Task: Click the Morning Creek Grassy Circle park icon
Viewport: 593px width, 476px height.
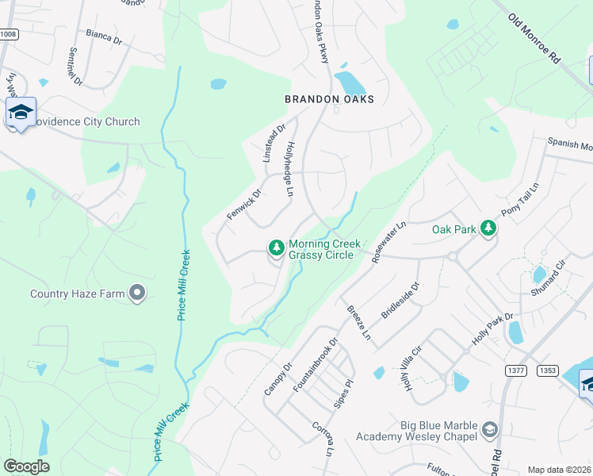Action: [277, 248]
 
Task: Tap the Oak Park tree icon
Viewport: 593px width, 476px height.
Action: [489, 229]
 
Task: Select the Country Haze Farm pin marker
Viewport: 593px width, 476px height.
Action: [138, 294]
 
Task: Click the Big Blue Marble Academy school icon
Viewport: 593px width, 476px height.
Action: [490, 429]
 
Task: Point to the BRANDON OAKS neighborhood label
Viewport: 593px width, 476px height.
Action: [329, 99]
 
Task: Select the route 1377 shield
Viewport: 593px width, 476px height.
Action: [515, 370]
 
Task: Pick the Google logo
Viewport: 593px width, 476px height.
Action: [27, 466]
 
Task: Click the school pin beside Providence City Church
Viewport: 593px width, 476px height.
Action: [21, 113]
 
